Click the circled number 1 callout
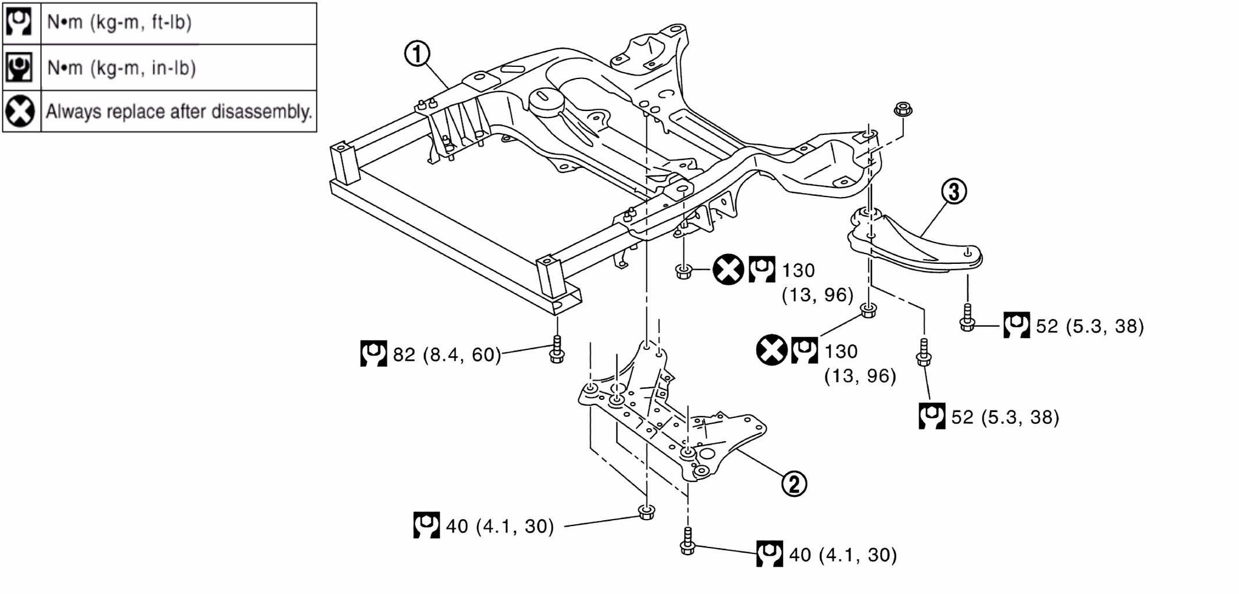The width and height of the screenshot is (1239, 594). click(x=417, y=54)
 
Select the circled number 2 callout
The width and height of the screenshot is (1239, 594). click(x=794, y=484)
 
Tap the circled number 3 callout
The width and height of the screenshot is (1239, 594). click(x=954, y=191)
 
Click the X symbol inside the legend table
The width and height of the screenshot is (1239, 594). click(x=20, y=111)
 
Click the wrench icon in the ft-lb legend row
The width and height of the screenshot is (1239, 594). click(x=19, y=22)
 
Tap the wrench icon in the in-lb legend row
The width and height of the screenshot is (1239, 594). click(x=19, y=67)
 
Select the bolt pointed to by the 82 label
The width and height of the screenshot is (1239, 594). click(x=557, y=349)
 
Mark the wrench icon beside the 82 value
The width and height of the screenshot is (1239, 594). click(x=373, y=353)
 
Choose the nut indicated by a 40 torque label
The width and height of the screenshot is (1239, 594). click(x=646, y=512)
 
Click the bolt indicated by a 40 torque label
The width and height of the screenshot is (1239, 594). click(x=688, y=542)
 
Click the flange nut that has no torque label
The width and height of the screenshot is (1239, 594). click(x=902, y=109)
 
